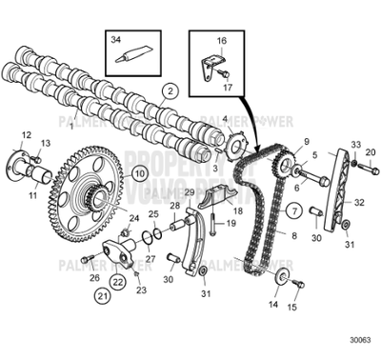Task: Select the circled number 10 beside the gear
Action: click(x=139, y=173)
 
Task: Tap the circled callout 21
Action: click(x=102, y=296)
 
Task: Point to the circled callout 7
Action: click(x=295, y=208)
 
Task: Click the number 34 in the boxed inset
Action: click(x=116, y=40)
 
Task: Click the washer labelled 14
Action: click(x=283, y=277)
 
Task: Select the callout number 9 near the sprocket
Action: click(x=307, y=141)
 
